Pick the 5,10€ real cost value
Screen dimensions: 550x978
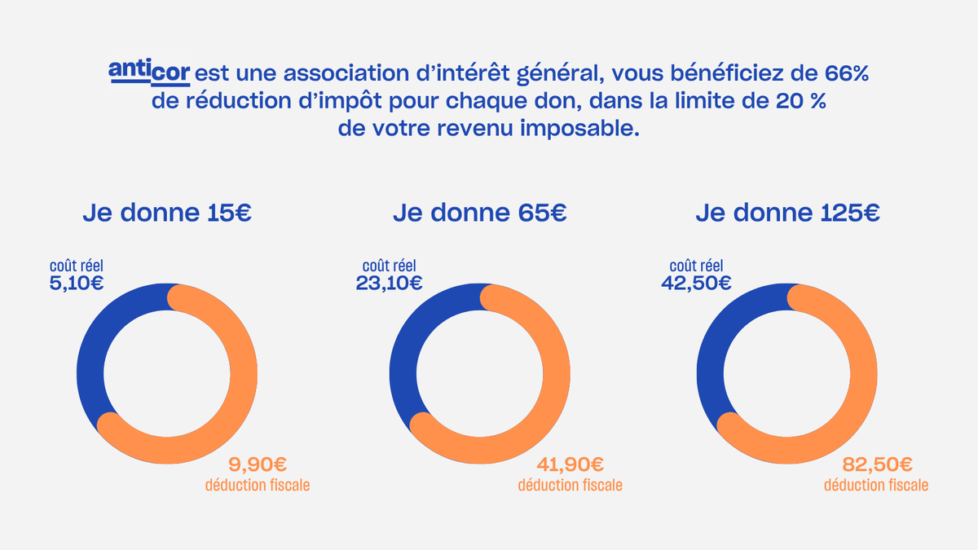click(76, 284)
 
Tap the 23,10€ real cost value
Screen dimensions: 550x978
click(389, 284)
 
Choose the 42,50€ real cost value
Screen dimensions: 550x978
click(698, 284)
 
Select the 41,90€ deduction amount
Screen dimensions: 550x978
click(570, 464)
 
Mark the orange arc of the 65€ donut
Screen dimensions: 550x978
click(556, 383)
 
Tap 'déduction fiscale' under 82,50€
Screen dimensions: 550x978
click(875, 486)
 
